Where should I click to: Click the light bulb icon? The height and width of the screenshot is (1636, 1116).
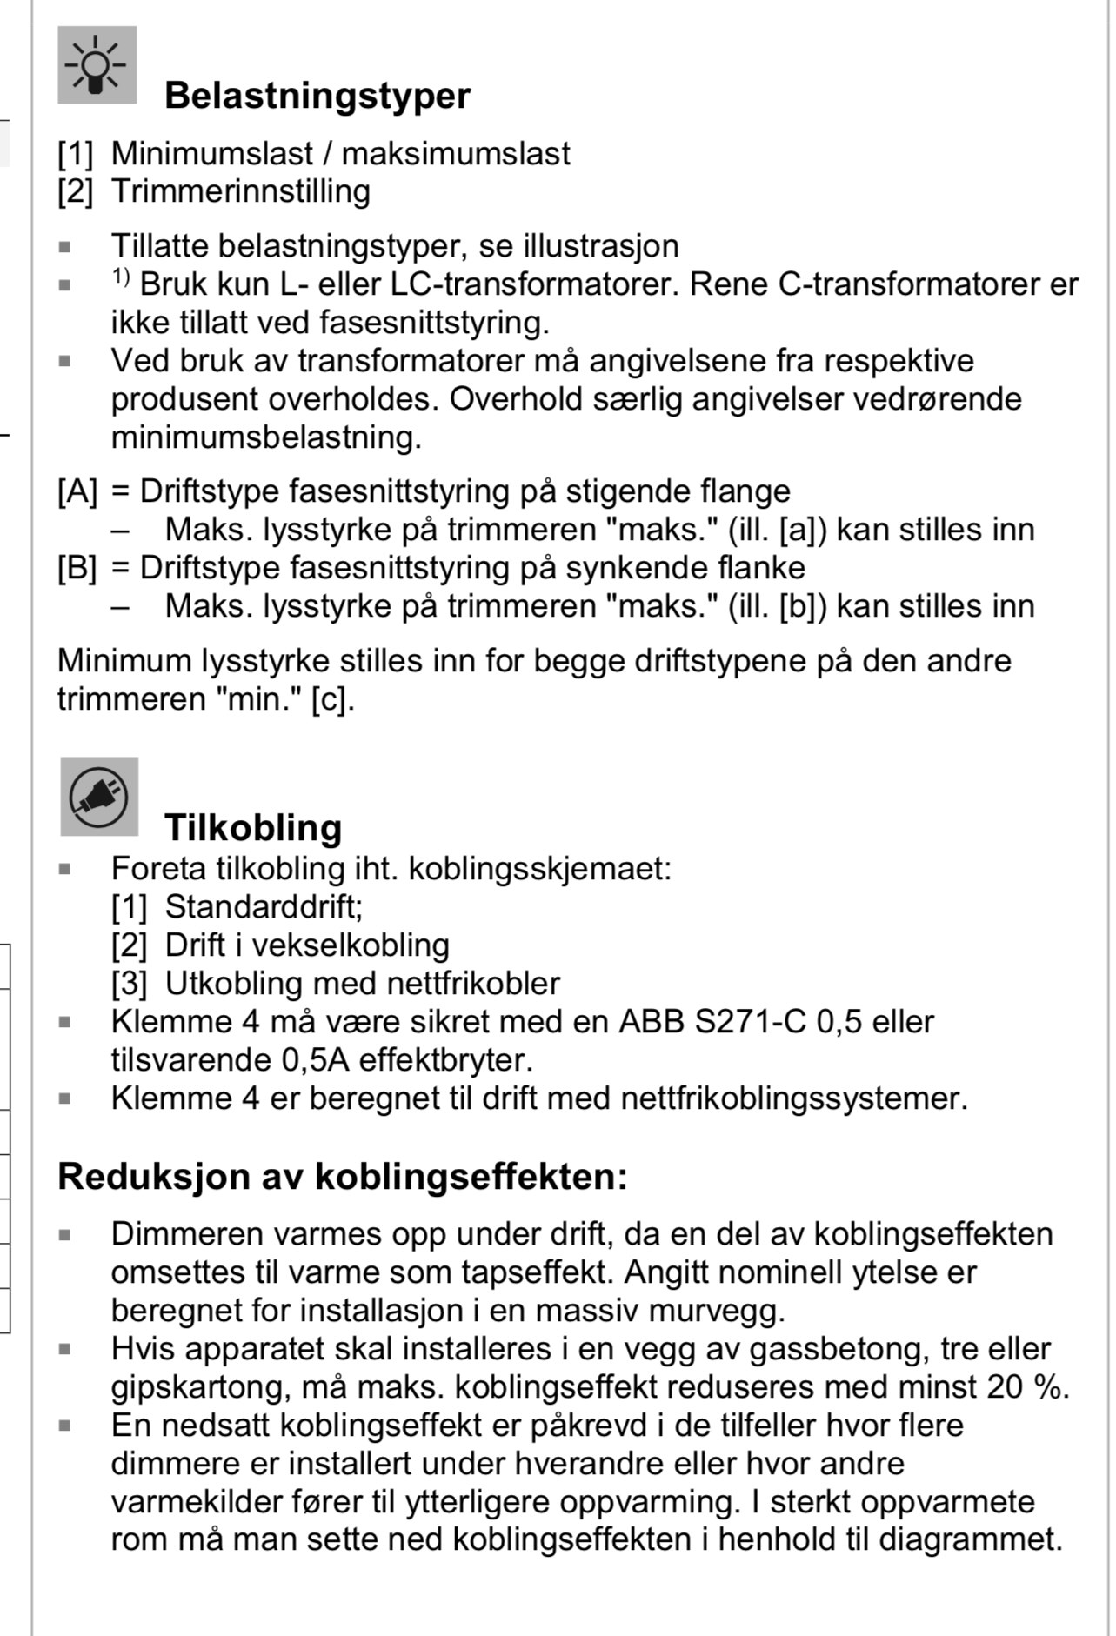[97, 65]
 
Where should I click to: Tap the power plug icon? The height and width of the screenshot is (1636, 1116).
[99, 797]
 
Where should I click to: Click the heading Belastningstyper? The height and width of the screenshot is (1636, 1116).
[317, 96]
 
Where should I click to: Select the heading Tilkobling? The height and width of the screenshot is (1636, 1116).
[253, 827]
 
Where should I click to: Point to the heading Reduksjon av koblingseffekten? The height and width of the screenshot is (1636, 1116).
[342, 1177]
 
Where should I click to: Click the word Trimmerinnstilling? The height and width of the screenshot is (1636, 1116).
[240, 191]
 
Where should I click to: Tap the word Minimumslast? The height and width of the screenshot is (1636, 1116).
[211, 154]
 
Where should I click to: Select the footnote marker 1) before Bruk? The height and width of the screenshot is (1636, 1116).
[120, 277]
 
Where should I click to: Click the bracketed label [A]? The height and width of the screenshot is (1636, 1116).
[77, 492]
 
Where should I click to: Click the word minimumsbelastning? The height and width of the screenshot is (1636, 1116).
[265, 437]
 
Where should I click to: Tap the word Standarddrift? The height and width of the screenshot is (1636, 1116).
[262, 907]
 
